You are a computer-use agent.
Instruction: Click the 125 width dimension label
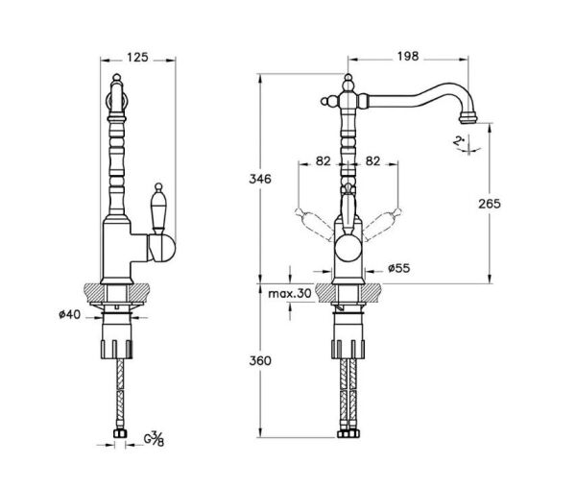point(137,58)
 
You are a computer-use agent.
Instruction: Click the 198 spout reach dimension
point(408,57)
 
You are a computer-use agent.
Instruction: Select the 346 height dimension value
point(260,179)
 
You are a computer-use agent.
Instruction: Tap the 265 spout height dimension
point(490,204)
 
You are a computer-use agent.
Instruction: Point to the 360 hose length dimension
point(260,360)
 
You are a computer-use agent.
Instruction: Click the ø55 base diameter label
point(399,268)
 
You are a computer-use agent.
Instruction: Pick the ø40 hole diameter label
point(69,314)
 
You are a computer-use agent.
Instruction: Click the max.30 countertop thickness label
point(290,293)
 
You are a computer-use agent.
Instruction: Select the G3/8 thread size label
point(154,439)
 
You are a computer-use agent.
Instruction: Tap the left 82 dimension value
point(324,161)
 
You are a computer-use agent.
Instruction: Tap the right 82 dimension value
point(372,161)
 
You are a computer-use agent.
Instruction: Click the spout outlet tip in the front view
point(468,118)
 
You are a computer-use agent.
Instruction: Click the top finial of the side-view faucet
point(116,78)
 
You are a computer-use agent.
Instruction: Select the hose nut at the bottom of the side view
point(119,433)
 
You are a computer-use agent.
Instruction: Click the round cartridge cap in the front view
point(348,249)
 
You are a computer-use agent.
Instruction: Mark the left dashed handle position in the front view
point(315,225)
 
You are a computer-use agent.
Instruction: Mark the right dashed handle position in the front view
point(382,225)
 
